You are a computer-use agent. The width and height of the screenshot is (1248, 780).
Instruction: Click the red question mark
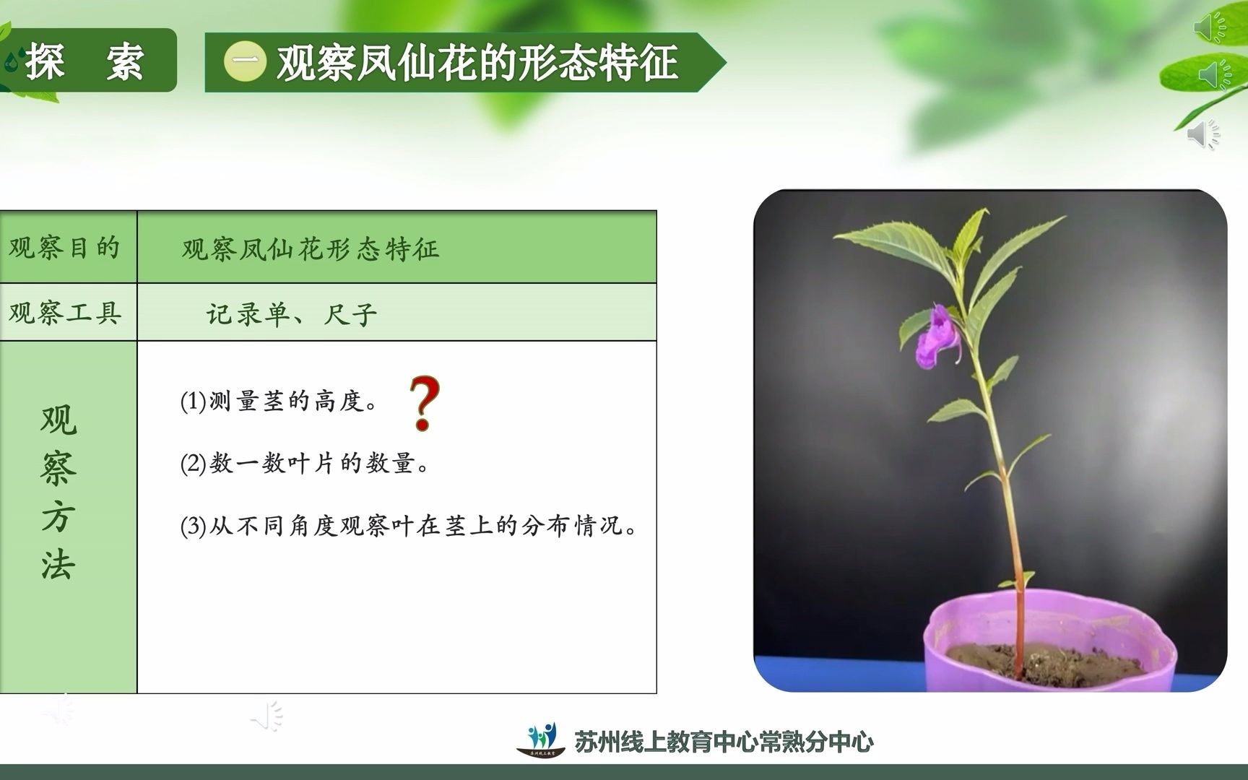point(424,403)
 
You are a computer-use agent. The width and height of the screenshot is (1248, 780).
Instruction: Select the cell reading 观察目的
point(65,248)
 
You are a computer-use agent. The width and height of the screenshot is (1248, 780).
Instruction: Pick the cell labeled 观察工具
point(65,313)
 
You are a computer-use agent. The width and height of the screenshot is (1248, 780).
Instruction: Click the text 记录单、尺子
point(292,314)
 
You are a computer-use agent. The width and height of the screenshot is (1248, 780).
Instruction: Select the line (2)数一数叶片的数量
point(304,463)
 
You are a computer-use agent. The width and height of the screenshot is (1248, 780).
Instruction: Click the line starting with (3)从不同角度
point(409,526)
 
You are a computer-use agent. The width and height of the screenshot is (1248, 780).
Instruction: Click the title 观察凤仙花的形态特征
point(477,62)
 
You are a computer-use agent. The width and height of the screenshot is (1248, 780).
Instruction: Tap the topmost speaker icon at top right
point(1209,27)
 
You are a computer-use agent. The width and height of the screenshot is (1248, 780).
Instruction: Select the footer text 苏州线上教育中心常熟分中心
point(724,741)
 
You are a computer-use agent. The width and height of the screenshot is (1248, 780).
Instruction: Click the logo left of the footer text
point(542,739)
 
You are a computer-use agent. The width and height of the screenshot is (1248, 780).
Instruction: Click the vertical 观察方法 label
point(58,493)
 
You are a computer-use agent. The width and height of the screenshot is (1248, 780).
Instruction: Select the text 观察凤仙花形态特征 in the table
point(311,249)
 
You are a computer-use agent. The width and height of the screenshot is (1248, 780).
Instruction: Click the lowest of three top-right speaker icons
point(1203,134)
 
